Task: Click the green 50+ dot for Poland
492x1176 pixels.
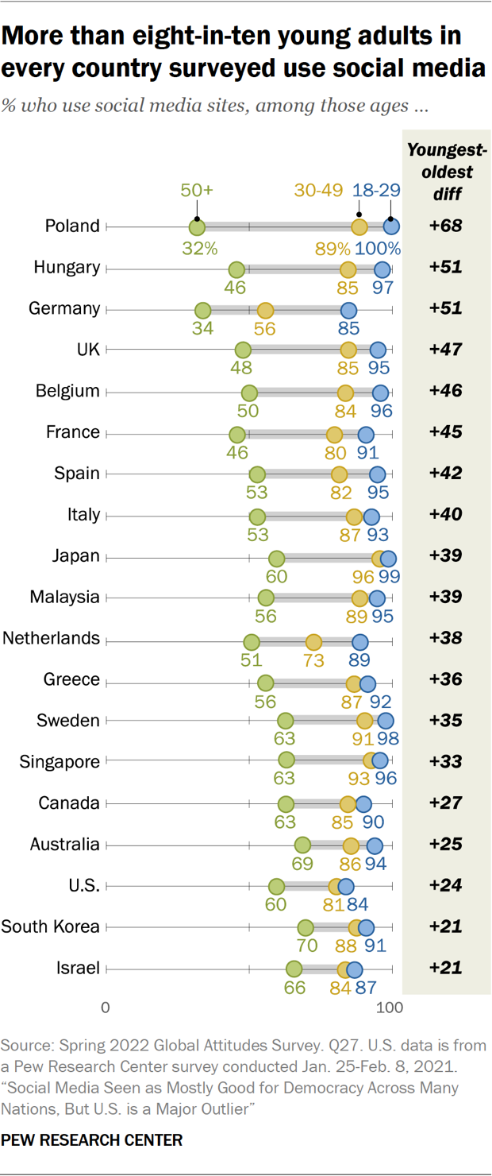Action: [197, 227]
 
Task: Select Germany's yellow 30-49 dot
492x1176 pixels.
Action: [265, 310]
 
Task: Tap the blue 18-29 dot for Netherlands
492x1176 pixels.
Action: [360, 641]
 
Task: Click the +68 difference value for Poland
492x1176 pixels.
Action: [446, 226]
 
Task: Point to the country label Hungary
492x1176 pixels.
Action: [67, 267]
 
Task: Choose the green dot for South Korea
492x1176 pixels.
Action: [306, 927]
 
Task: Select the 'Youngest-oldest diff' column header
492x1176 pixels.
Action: [446, 172]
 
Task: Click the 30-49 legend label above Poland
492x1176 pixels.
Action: [318, 191]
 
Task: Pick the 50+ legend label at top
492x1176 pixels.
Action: [198, 191]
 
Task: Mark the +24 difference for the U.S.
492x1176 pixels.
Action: [446, 886]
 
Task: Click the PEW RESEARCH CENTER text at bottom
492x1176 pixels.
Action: [92, 1140]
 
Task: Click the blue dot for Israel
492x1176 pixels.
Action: [354, 969]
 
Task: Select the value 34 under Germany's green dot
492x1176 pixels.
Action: [202, 328]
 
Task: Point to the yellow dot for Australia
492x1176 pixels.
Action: [351, 845]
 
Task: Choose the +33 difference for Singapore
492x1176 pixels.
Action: [446, 762]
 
